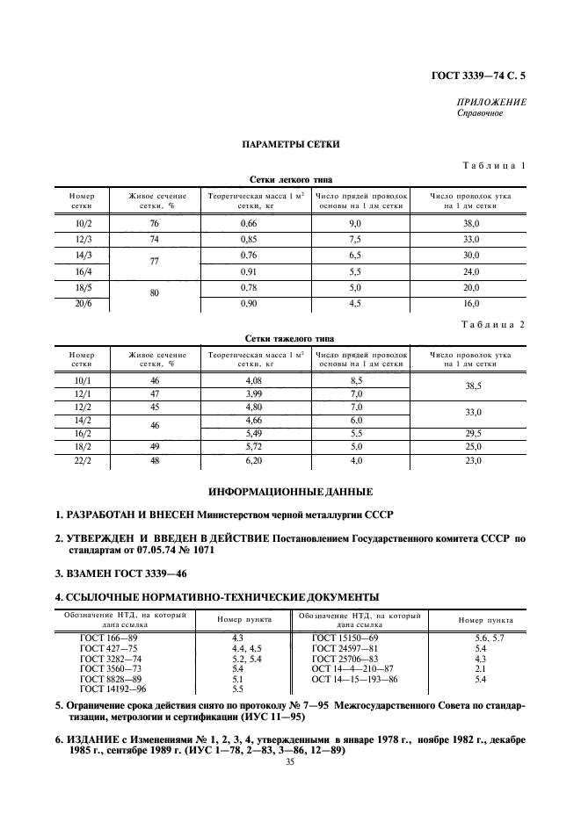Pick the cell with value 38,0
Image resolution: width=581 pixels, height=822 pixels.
click(471, 225)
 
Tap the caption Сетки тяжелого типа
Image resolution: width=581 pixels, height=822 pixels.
click(290, 338)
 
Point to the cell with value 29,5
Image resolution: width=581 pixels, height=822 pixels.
click(471, 433)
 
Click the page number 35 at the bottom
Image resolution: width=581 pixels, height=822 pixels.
click(290, 762)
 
